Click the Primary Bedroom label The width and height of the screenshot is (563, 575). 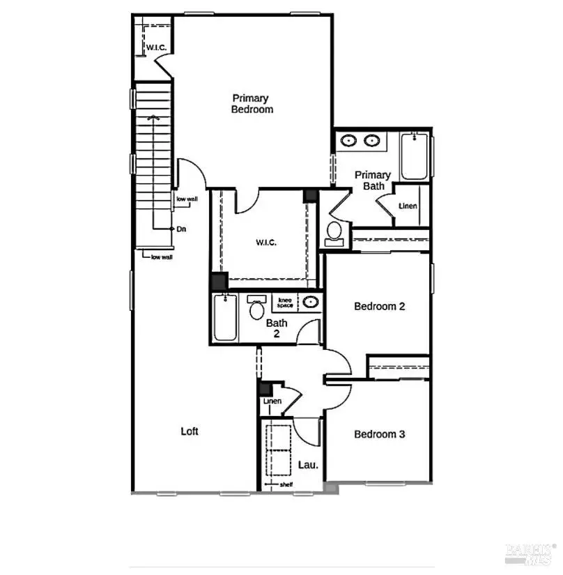pos(252,104)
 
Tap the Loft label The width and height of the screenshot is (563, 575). pos(190,431)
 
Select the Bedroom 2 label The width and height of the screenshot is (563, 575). pos(380,306)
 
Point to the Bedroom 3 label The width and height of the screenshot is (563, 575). pos(380,434)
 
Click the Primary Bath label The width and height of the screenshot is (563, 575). pos(373,181)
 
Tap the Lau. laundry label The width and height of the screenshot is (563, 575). pos(308,464)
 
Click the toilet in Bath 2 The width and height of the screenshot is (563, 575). pos(256,309)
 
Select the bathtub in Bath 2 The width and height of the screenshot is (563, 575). pos(224,318)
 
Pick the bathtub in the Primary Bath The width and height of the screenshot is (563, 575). pos(413,156)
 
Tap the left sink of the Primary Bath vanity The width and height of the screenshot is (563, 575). pos(348,141)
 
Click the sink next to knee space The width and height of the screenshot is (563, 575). pos(310,302)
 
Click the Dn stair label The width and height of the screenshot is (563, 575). pos(181,229)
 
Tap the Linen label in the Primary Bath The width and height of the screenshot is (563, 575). pos(408,206)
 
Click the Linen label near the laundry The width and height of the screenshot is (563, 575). pos(272,401)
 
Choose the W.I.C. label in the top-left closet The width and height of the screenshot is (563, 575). pos(154,47)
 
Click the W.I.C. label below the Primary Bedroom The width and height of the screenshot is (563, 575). pos(266,243)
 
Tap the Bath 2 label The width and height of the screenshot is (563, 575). pos(277,328)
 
